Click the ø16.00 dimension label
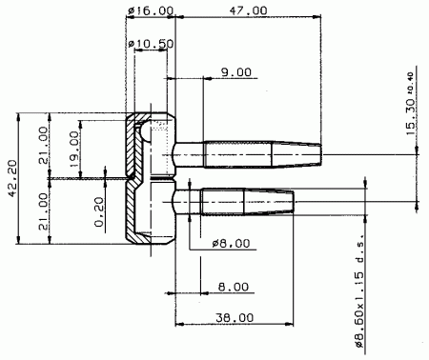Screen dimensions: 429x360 click(x=151, y=10)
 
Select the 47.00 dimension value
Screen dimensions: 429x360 click(x=248, y=10)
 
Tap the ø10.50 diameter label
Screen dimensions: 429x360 click(x=151, y=43)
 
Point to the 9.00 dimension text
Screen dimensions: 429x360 click(x=236, y=72)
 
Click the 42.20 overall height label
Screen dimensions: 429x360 click(x=12, y=178)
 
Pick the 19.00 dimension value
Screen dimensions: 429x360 click(x=74, y=150)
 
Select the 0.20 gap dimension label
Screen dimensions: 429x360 click(x=99, y=212)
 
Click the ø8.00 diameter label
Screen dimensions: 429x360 click(x=232, y=244)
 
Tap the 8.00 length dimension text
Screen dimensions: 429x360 click(x=234, y=287)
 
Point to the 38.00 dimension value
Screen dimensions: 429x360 click(x=235, y=317)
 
